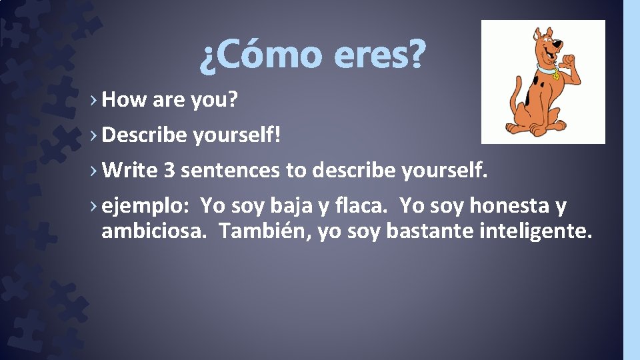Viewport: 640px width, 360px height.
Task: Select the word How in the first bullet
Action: click(x=125, y=100)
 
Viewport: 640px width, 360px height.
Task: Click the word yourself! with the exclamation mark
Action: click(x=237, y=135)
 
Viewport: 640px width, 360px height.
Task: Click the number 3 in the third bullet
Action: click(x=169, y=171)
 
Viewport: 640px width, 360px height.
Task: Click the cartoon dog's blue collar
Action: click(x=547, y=69)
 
